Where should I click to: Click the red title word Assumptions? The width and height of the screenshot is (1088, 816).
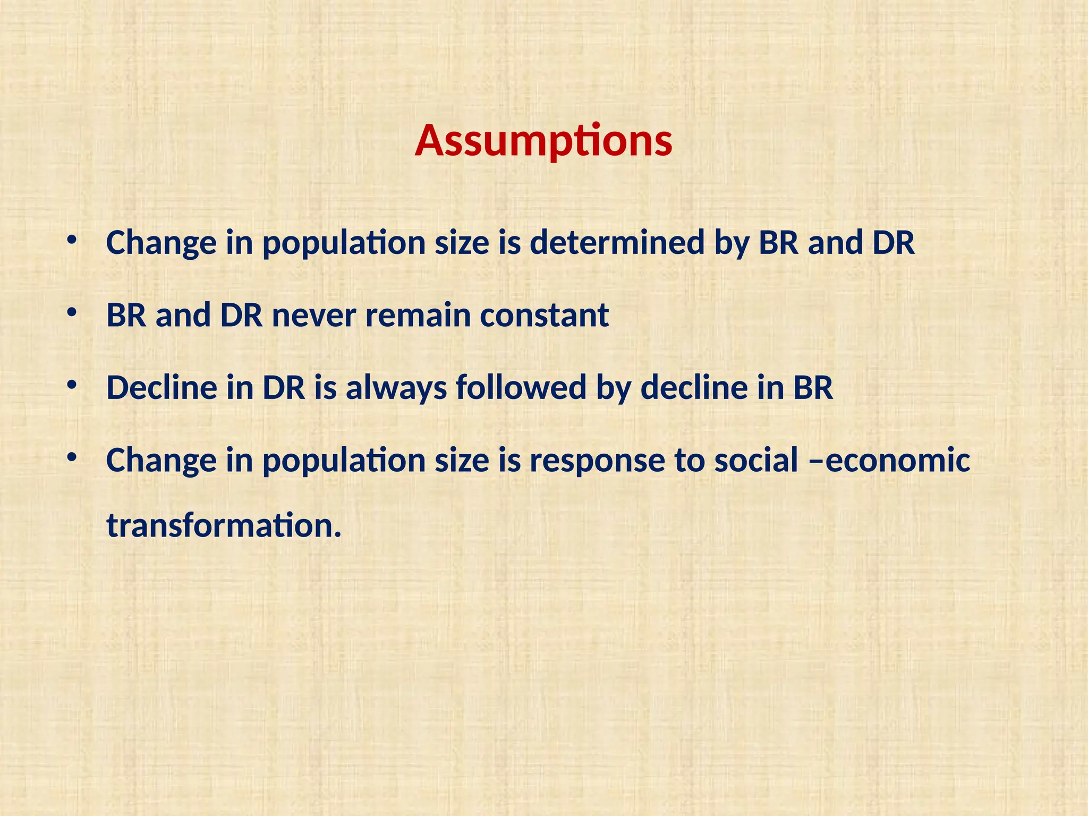tap(543, 141)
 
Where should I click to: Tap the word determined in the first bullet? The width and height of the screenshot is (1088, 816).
tap(617, 243)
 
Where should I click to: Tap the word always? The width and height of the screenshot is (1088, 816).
tap(396, 388)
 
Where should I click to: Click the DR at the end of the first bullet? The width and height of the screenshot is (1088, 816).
tap(893, 243)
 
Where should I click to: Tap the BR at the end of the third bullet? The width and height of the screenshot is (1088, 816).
tap(813, 388)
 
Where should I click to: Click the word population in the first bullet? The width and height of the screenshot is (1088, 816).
tap(344, 244)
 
